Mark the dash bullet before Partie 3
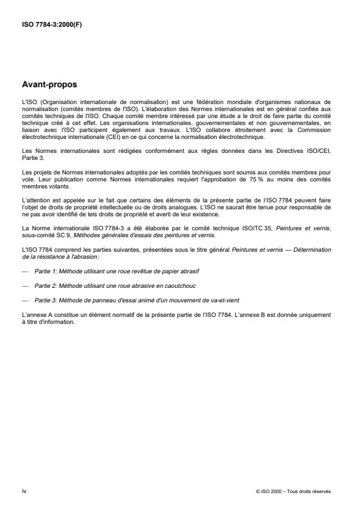pyautogui.click(x=24, y=284)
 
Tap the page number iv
pyautogui.click(x=24, y=491)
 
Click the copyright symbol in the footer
pyautogui.click(x=258, y=491)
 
